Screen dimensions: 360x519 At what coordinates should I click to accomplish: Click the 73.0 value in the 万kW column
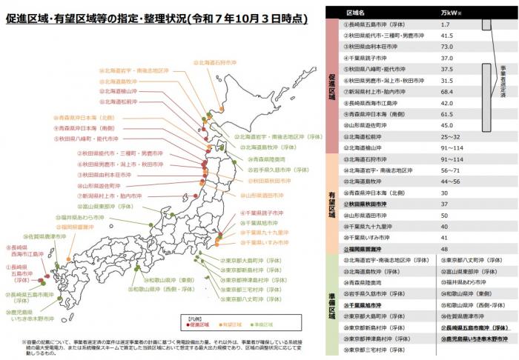click(446, 46)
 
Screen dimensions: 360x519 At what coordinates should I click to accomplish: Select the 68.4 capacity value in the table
click(446, 92)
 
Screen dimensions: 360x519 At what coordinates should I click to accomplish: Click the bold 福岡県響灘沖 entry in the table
click(368, 249)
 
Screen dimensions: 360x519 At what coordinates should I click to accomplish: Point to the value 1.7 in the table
click(444, 24)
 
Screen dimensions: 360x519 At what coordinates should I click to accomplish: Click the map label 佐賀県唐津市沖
click(33, 236)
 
